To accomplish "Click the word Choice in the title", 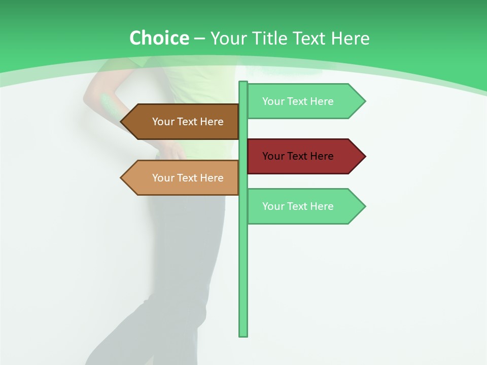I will (x=159, y=38).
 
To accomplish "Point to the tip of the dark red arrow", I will (x=364, y=156).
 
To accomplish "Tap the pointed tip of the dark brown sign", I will (x=122, y=122).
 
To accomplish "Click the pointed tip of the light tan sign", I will (x=122, y=178).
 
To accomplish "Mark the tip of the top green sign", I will (x=364, y=101).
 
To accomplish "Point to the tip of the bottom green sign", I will (x=364, y=206).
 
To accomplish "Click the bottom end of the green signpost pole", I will (x=243, y=335).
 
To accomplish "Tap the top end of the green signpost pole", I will (x=243, y=83).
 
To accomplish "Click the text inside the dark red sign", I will (x=298, y=156).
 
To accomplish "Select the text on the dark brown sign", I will (x=188, y=122).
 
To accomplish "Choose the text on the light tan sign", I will (x=188, y=178).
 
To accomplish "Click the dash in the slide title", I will (x=199, y=39).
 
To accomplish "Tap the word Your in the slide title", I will (x=228, y=38).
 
